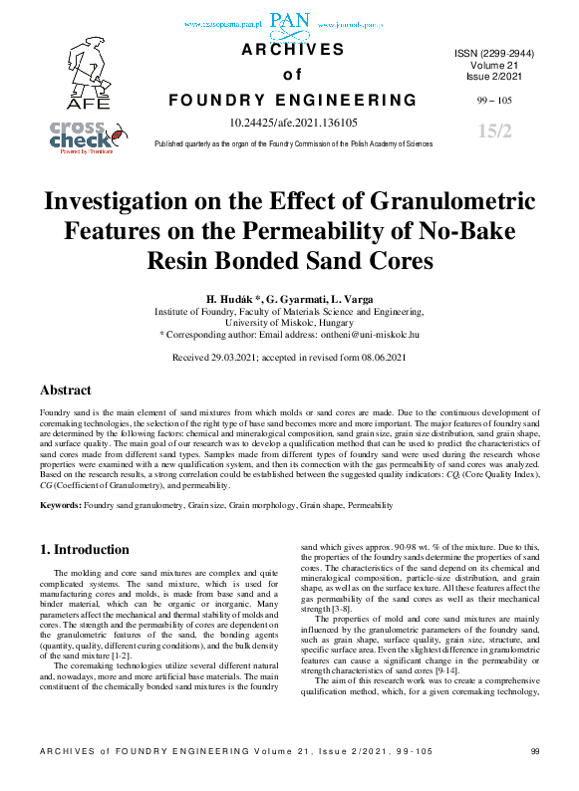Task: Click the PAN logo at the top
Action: [290, 19]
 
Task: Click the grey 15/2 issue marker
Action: [494, 132]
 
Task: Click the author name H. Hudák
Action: [232, 299]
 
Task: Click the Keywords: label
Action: [61, 506]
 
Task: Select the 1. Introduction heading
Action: [84, 549]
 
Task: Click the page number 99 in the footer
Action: [535, 779]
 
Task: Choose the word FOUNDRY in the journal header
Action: [213, 100]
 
